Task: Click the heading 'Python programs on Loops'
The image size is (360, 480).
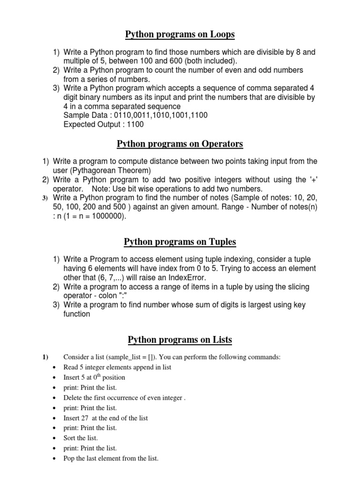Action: (180, 35)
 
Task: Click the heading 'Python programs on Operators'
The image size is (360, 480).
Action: (180, 143)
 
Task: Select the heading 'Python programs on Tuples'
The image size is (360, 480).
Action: (180, 242)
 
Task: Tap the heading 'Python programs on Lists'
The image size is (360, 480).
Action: (180, 340)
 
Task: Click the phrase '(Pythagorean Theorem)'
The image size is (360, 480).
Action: (111, 170)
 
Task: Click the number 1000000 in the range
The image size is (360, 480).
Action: (104, 217)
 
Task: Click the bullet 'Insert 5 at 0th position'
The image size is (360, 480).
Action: (94, 377)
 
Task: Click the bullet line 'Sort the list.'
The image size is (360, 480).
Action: (81, 438)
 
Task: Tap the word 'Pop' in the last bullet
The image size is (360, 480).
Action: (69, 458)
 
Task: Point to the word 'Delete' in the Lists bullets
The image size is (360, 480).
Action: (73, 397)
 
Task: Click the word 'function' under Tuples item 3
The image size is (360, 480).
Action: (77, 314)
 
